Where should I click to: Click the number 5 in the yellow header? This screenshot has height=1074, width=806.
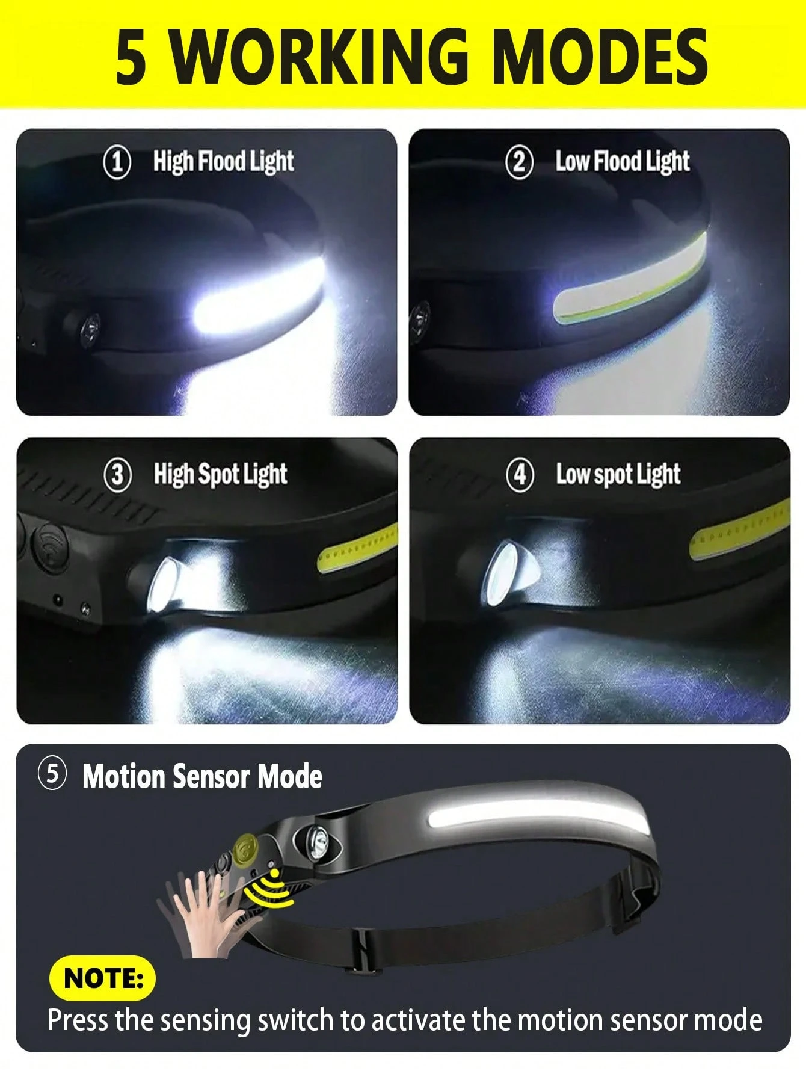click(131, 57)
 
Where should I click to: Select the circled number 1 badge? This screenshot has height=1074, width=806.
click(117, 162)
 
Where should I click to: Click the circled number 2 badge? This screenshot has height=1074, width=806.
click(519, 162)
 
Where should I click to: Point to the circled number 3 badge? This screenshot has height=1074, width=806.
click(117, 475)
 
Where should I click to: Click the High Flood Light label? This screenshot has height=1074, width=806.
click(223, 162)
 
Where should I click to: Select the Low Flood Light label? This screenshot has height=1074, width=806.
click(622, 162)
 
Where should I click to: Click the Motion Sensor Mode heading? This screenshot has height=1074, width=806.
click(202, 776)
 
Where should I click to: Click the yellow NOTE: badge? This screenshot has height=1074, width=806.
click(102, 978)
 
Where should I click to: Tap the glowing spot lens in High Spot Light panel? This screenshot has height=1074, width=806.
click(162, 584)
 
